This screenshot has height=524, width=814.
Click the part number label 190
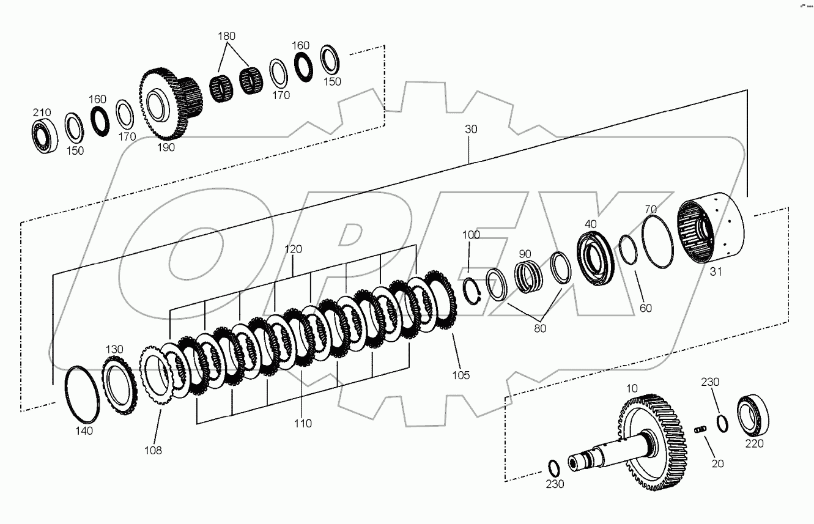[166, 147]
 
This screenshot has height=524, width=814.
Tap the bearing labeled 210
[45, 136]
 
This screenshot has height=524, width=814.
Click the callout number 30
[471, 130]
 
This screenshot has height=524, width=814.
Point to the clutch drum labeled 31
[713, 227]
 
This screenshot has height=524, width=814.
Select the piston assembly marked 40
[597, 257]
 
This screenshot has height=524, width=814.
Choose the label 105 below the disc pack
[461, 375]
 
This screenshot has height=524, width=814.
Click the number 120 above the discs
[293, 249]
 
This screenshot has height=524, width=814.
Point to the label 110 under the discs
[303, 423]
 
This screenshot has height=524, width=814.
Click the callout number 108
[153, 450]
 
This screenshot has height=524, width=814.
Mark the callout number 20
[717, 463]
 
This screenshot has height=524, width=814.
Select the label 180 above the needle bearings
[226, 36]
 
